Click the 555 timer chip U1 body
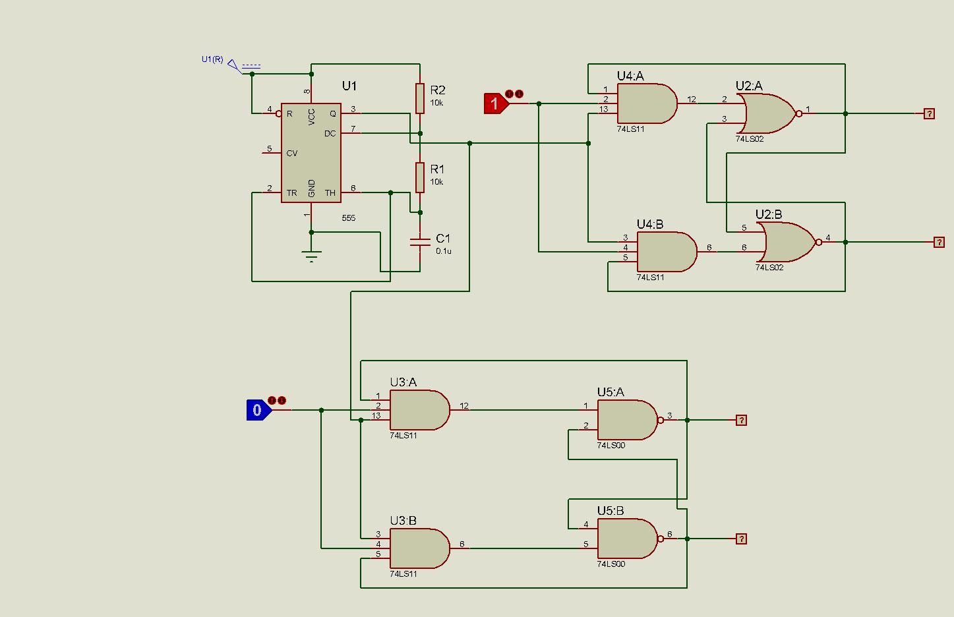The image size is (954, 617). (x=311, y=153)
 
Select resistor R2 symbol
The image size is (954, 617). (x=419, y=98)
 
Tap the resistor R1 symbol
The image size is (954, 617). (x=419, y=177)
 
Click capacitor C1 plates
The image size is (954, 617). (x=419, y=242)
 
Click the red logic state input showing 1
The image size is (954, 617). (x=494, y=103)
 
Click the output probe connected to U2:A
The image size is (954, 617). (x=929, y=113)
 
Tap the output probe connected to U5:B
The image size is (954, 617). (x=741, y=539)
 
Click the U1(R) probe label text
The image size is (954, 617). (x=212, y=59)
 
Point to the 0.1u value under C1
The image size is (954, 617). (x=444, y=251)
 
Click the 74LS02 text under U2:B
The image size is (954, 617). (x=769, y=268)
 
